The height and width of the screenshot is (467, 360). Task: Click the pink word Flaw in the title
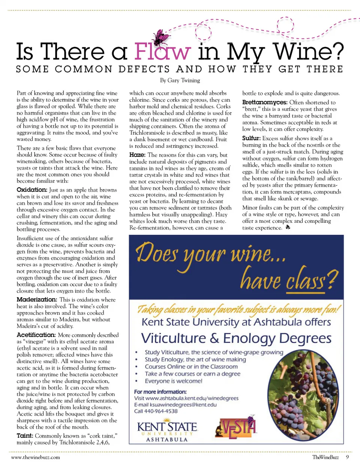[x=162, y=52]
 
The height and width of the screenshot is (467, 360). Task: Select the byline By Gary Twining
[x=180, y=80]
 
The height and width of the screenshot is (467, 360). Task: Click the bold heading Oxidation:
[x=32, y=190]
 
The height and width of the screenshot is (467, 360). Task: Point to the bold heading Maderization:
[x=37, y=299]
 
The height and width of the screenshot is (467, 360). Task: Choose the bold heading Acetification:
[x=36, y=335]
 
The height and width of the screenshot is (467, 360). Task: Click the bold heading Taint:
[x=25, y=435]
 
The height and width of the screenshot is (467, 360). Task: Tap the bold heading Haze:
[x=137, y=155]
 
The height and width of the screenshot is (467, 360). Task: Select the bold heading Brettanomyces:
[x=265, y=102]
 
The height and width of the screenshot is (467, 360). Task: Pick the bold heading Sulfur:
[x=251, y=138]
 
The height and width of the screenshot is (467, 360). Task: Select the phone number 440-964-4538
[x=161, y=411]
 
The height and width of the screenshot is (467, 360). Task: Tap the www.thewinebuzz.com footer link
[x=36, y=457]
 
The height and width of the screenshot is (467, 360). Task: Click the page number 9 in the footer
[x=347, y=457]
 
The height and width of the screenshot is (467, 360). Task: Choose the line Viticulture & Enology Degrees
[x=236, y=338]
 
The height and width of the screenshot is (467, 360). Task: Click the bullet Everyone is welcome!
[x=173, y=381]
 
